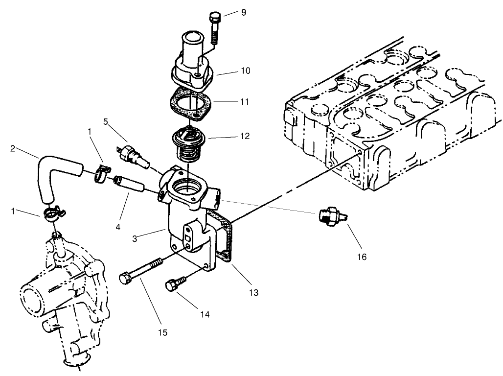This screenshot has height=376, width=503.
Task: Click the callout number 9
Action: [244, 12]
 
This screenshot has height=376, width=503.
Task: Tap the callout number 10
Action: [245, 71]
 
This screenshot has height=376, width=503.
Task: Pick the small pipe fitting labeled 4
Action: [129, 186]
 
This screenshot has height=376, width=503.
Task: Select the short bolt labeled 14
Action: [176, 284]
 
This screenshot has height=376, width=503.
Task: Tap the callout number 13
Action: [253, 293]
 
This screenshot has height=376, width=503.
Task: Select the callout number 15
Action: [162, 332]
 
